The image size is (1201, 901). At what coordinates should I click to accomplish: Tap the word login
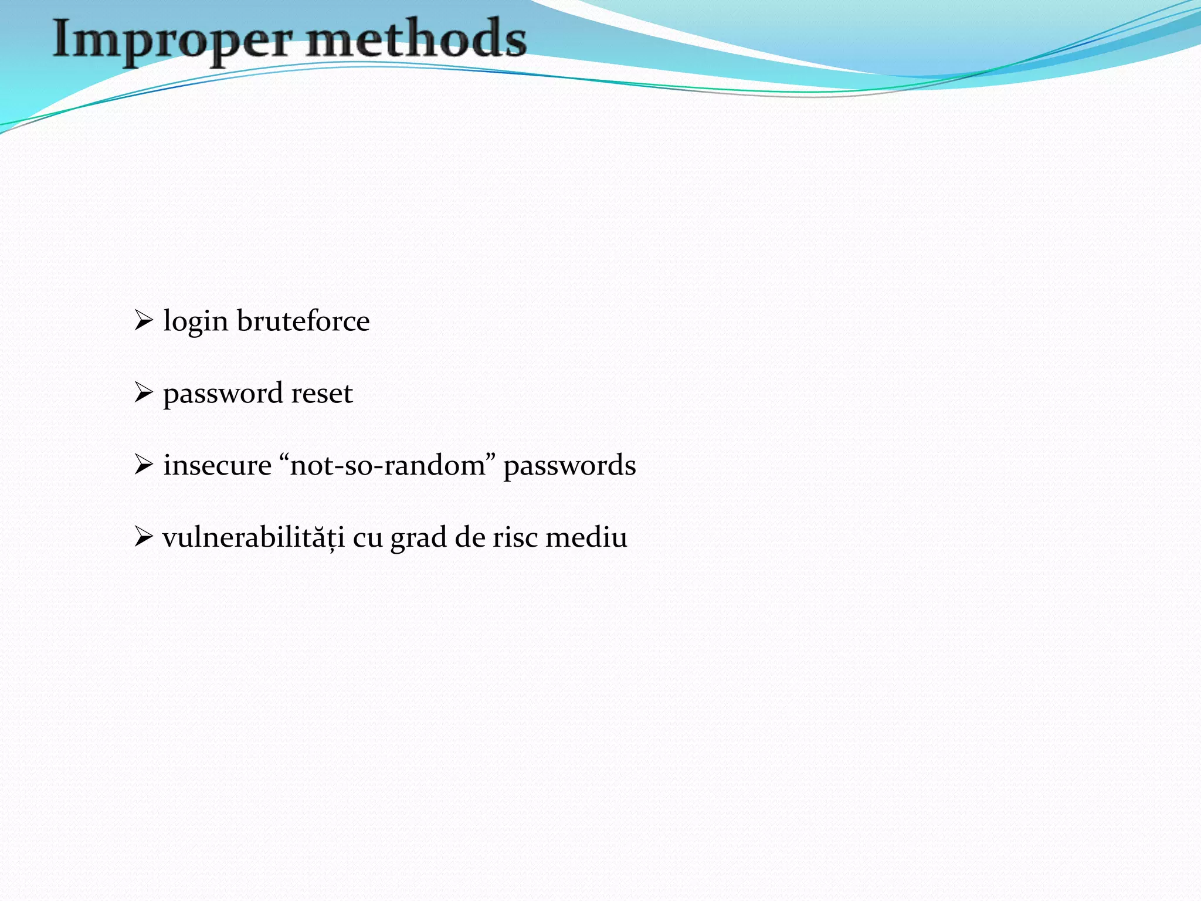(195, 321)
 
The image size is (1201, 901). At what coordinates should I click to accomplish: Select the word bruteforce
(303, 321)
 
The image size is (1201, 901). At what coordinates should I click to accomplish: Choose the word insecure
(217, 465)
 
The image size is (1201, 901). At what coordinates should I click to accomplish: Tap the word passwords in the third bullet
(569, 466)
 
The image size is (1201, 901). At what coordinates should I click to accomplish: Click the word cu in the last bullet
(368, 538)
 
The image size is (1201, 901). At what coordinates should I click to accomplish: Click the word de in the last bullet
(469, 537)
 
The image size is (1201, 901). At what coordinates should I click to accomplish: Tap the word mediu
(586, 537)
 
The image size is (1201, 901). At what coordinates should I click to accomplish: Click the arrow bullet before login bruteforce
(143, 320)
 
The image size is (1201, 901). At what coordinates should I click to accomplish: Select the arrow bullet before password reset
(143, 392)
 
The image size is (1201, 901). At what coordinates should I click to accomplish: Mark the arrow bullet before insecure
(143, 465)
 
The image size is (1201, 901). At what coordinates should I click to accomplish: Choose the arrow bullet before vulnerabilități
(143, 537)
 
